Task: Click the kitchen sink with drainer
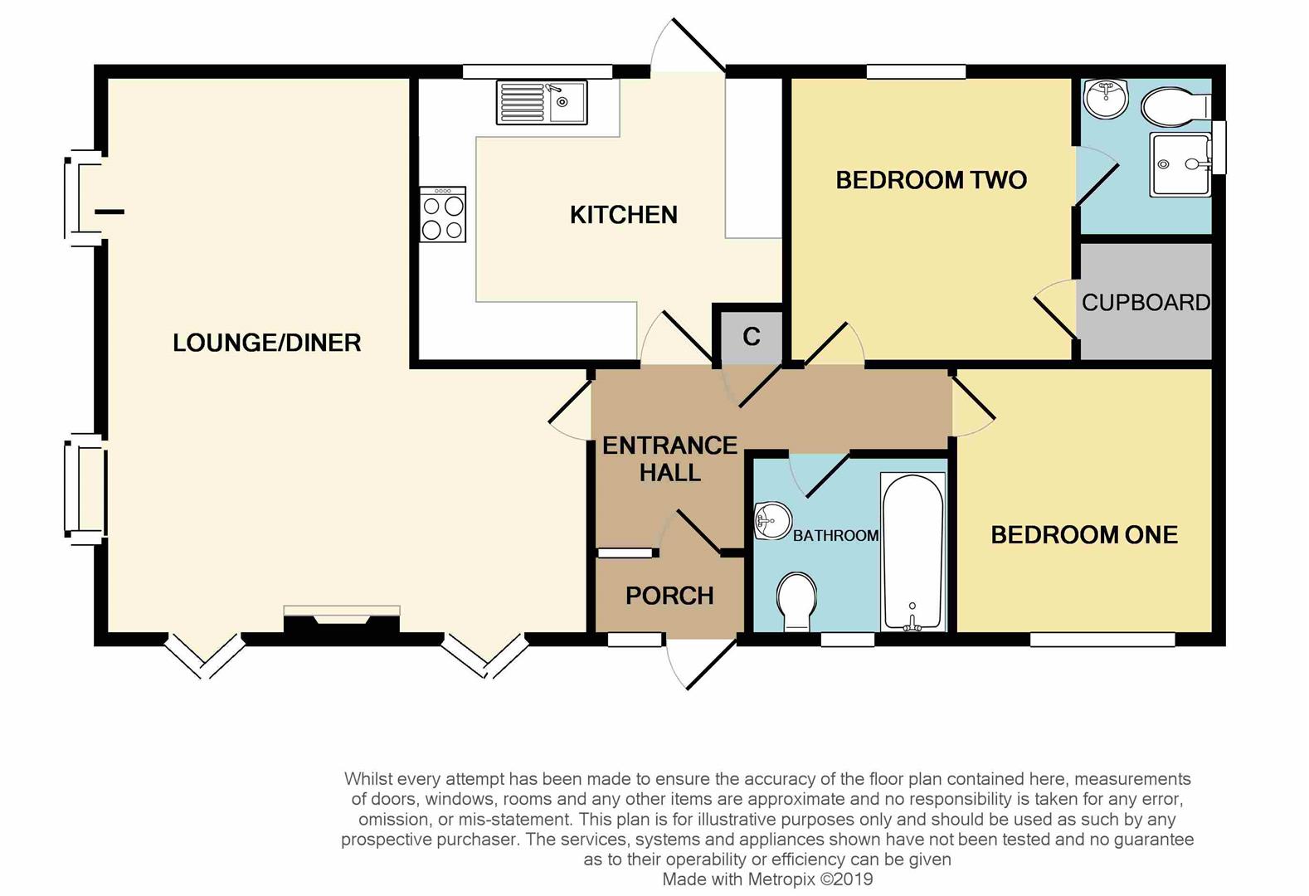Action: (x=541, y=103)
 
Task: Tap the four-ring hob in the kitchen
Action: (x=443, y=215)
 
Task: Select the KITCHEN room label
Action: (x=624, y=215)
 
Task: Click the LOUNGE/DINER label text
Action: (x=266, y=343)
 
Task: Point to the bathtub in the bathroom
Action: (x=912, y=551)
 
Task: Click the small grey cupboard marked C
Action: (x=751, y=336)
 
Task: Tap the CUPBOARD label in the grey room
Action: (x=1146, y=302)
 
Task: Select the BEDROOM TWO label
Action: (x=931, y=180)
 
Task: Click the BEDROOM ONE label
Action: (x=1084, y=534)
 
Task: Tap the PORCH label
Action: (x=669, y=596)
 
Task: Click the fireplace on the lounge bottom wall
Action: (x=342, y=621)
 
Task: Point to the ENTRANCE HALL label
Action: (x=669, y=459)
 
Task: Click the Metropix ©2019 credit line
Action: (x=767, y=879)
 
